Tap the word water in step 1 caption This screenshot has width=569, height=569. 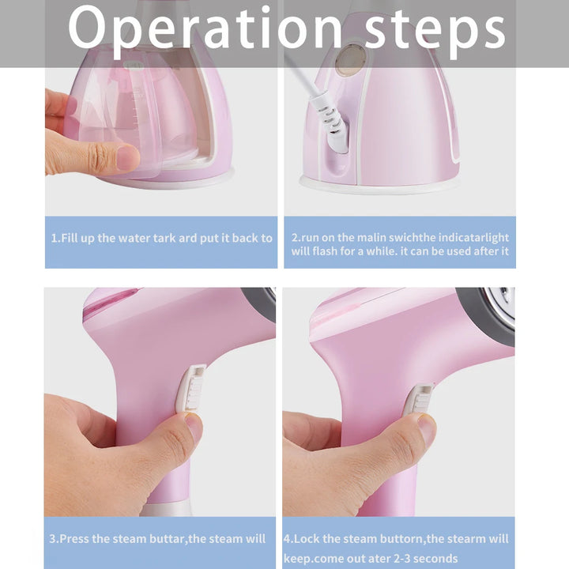coord(138,238)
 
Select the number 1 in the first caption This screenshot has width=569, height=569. coord(55,238)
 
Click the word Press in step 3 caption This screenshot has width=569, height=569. coord(78,540)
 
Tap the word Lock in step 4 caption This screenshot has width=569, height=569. coord(306,539)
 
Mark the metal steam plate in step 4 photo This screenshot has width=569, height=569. coord(503,304)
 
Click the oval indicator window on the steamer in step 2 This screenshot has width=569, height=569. coord(351,60)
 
